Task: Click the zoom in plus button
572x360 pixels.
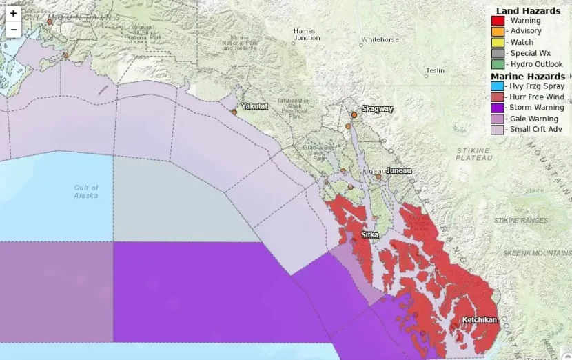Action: click(x=13, y=13)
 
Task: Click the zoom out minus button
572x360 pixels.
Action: click(x=13, y=30)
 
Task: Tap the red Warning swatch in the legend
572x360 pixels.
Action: click(x=498, y=21)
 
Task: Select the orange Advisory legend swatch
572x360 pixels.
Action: click(x=498, y=31)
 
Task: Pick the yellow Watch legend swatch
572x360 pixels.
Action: click(x=498, y=42)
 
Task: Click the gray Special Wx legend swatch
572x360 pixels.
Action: click(x=498, y=53)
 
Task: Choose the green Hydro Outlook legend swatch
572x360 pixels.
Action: click(x=498, y=64)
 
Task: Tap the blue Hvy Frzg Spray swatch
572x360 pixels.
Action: click(x=498, y=86)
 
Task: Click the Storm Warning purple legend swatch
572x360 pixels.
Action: click(x=498, y=108)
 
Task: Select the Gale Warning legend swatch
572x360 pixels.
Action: click(x=498, y=119)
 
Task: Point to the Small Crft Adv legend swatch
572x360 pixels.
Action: click(x=498, y=129)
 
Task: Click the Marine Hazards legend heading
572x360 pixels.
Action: click(x=528, y=76)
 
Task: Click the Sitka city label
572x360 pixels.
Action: click(x=370, y=235)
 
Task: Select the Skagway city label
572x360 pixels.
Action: click(x=378, y=109)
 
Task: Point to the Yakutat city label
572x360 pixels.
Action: click(x=254, y=106)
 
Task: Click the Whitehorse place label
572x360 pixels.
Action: click(x=380, y=40)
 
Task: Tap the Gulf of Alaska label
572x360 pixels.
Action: click(x=87, y=191)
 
